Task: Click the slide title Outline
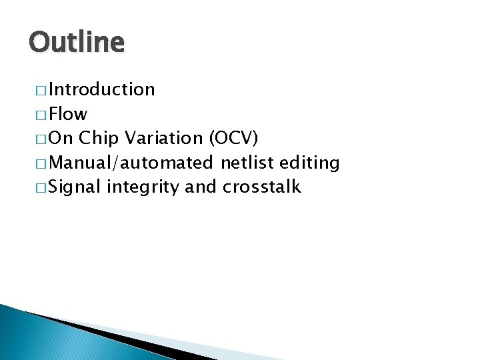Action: [77, 43]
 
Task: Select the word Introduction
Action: [101, 89]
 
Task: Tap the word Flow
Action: [68, 114]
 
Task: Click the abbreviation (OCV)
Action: [233, 138]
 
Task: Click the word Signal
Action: [75, 187]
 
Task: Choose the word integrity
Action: [143, 188]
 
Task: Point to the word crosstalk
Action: [262, 187]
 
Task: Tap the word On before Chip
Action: [61, 138]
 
